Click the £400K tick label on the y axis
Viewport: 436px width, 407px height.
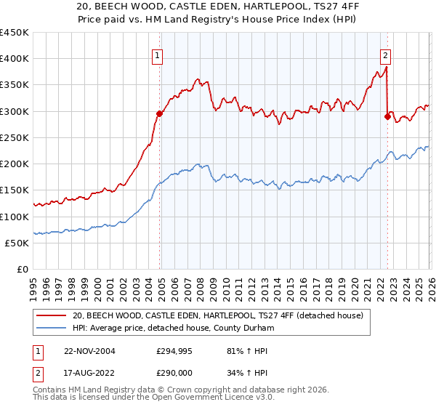(x=15, y=59)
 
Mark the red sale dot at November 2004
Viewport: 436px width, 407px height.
(x=160, y=113)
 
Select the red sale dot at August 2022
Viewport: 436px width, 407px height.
(x=387, y=116)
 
